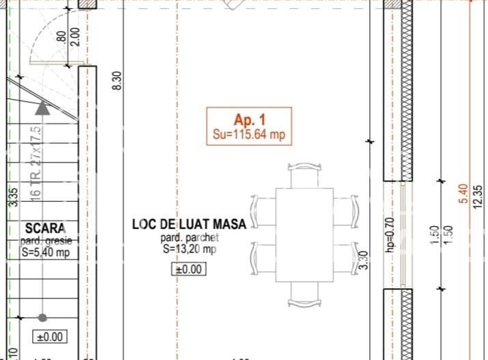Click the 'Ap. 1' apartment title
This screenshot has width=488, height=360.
pyautogui.click(x=249, y=118)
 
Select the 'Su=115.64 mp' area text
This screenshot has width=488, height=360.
pyautogui.click(x=249, y=135)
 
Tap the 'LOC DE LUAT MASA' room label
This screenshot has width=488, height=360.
pyautogui.click(x=189, y=224)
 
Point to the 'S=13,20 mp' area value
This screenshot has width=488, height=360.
pyautogui.click(x=189, y=249)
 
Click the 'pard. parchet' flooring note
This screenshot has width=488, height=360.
pyautogui.click(x=189, y=238)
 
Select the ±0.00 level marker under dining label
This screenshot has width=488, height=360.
pyautogui.click(x=188, y=269)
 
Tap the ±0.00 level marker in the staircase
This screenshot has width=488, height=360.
pyautogui.click(x=50, y=336)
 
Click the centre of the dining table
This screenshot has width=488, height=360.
pyautogui.click(x=304, y=234)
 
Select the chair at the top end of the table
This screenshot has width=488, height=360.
pyautogui.click(x=304, y=175)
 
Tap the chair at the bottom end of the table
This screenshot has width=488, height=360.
pyautogui.click(x=304, y=294)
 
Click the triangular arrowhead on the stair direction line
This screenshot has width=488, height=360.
pyautogui.click(x=42, y=107)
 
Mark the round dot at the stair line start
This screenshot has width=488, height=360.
pyautogui.click(x=42, y=318)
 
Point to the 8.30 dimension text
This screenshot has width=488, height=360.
pyautogui.click(x=117, y=81)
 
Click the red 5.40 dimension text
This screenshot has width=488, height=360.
pyautogui.click(x=464, y=193)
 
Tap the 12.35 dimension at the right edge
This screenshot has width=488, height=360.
pyautogui.click(x=478, y=198)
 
